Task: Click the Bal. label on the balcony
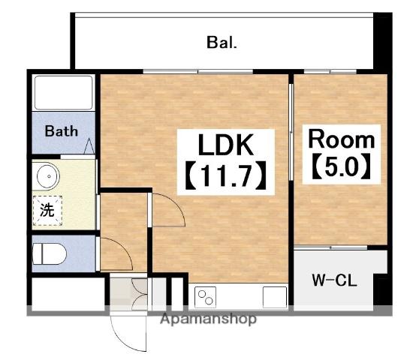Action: coord(222,43)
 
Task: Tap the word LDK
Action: coord(225,145)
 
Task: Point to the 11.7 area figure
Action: coord(225,175)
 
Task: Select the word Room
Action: coord(342,139)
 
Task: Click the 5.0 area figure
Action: coord(341,166)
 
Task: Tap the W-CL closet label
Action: coord(334,280)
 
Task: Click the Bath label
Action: coord(62,130)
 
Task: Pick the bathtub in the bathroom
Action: coord(63,93)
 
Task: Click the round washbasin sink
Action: coord(48,176)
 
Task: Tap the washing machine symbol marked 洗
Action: coord(47,211)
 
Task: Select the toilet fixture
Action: coord(49,254)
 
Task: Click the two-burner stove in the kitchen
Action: coord(205,297)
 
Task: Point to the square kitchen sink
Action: coord(275,297)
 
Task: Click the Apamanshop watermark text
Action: coord(209,319)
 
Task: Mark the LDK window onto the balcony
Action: coord(198,71)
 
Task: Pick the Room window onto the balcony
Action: coord(330,71)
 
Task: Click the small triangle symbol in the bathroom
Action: coord(89,145)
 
